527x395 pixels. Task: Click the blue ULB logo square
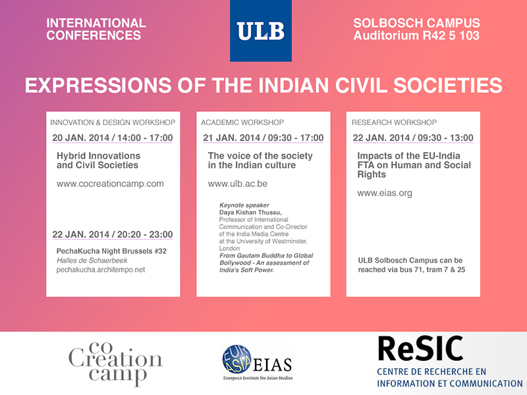(261, 30)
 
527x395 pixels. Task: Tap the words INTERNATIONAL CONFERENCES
(96, 29)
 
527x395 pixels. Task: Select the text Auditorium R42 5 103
(416, 36)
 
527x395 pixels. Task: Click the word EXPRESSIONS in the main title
(98, 86)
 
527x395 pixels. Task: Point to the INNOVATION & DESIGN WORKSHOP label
(113, 122)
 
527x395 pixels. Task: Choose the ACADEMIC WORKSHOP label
(242, 122)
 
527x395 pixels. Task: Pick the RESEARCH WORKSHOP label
(394, 122)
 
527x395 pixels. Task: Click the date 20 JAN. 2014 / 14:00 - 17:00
(113, 138)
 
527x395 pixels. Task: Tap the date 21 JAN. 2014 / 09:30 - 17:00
(263, 138)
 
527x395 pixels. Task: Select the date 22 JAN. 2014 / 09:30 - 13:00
(413, 138)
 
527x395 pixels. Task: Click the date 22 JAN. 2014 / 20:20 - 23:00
(113, 234)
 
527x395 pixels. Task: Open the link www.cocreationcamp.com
(110, 184)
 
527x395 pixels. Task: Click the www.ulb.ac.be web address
(238, 184)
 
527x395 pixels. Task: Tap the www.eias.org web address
(385, 193)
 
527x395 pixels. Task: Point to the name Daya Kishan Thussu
(250, 212)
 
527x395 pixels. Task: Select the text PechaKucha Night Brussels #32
(111, 251)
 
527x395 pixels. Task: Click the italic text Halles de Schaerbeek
(92, 260)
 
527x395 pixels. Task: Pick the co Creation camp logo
(115, 364)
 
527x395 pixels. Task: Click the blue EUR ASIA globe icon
(236, 359)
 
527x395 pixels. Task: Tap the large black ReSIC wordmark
(420, 349)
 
